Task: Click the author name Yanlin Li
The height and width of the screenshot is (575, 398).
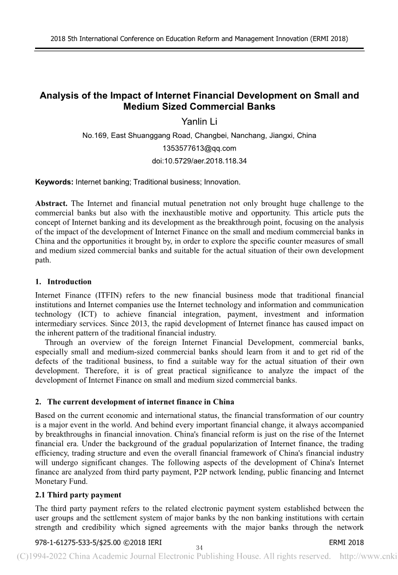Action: coord(199,122)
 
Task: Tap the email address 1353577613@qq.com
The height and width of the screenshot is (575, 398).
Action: coord(199,148)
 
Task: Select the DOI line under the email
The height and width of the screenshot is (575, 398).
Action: coord(199,160)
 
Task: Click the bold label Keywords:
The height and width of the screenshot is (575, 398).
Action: coord(54,182)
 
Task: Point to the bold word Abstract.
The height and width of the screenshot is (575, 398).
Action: coord(52,203)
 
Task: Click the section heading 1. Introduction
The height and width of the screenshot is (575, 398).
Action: coord(63,282)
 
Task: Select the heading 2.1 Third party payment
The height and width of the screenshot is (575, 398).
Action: coord(78,495)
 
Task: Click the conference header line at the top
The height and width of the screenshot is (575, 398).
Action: coord(199,38)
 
